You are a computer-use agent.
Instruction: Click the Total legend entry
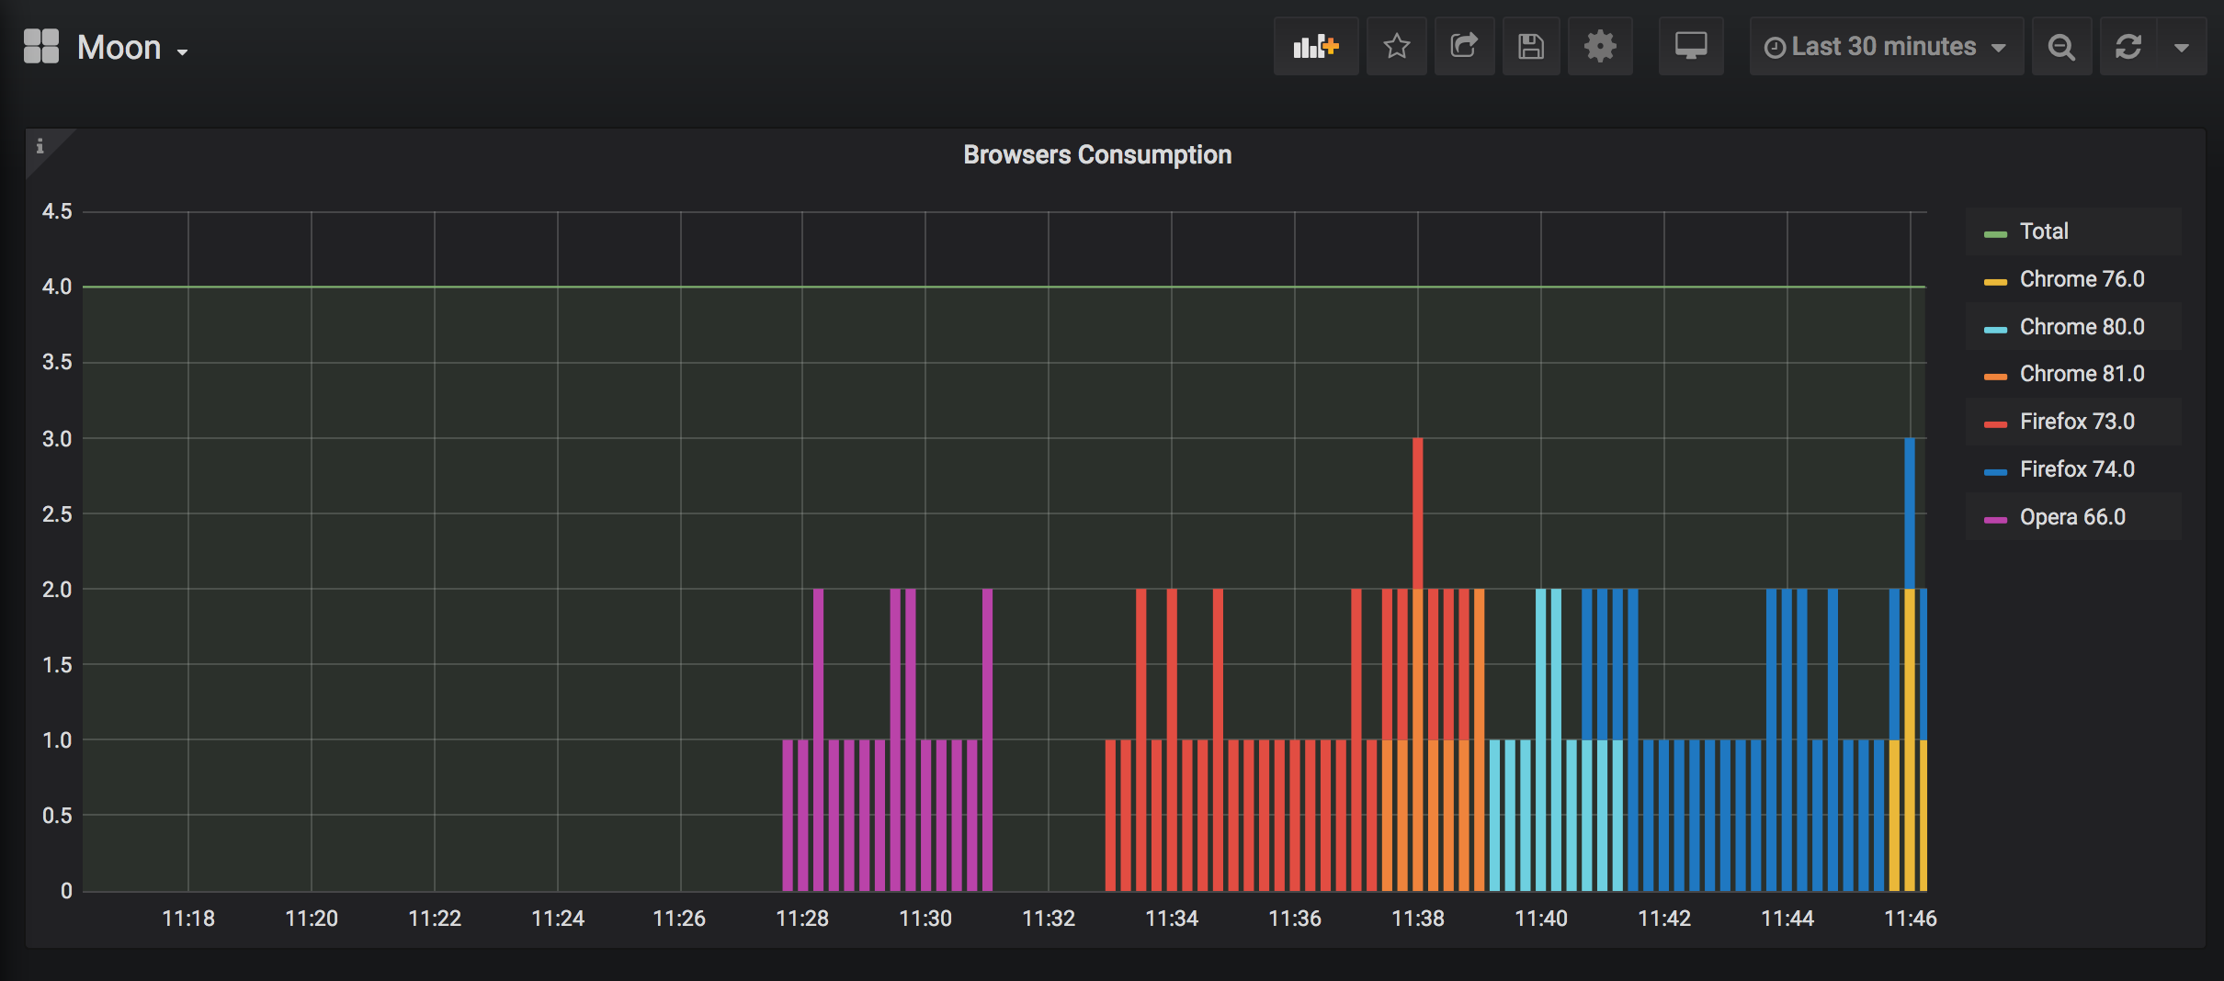tap(2043, 231)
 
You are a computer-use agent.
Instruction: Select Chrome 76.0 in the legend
tap(2081, 279)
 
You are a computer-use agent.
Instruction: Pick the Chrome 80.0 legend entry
tap(2081, 327)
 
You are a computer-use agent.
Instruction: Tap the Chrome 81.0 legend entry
tap(2081, 374)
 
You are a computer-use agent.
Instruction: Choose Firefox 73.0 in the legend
tap(2076, 422)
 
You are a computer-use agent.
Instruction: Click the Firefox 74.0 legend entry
tap(2076, 469)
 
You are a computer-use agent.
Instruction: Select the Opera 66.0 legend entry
tap(2071, 517)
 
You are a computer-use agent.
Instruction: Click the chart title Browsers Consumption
tap(1097, 154)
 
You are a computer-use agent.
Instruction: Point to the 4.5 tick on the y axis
tap(57, 211)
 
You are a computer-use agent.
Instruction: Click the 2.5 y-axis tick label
tap(57, 514)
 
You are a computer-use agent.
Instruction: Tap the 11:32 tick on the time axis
tap(1049, 919)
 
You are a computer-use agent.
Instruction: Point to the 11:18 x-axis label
tap(188, 919)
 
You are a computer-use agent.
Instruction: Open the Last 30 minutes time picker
tap(1885, 47)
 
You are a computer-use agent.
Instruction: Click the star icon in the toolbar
tap(1397, 46)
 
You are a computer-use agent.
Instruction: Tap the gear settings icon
tap(1600, 46)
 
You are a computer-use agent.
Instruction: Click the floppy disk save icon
tap(1531, 46)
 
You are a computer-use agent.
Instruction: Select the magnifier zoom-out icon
tap(2062, 47)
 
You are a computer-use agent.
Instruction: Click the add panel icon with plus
tap(1316, 46)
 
